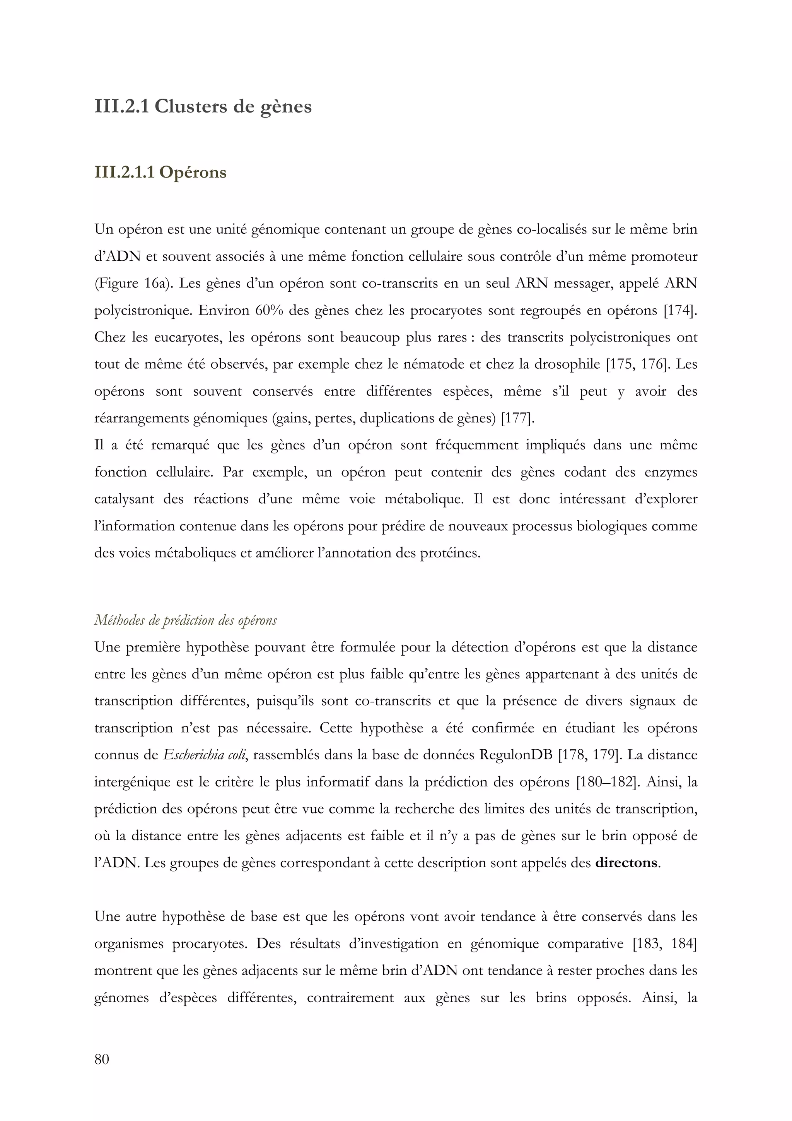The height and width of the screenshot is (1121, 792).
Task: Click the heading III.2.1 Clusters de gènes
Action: click(x=203, y=106)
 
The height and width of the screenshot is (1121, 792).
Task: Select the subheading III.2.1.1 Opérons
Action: click(x=160, y=173)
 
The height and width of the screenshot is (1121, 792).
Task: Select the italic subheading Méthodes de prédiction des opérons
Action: click(x=186, y=620)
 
